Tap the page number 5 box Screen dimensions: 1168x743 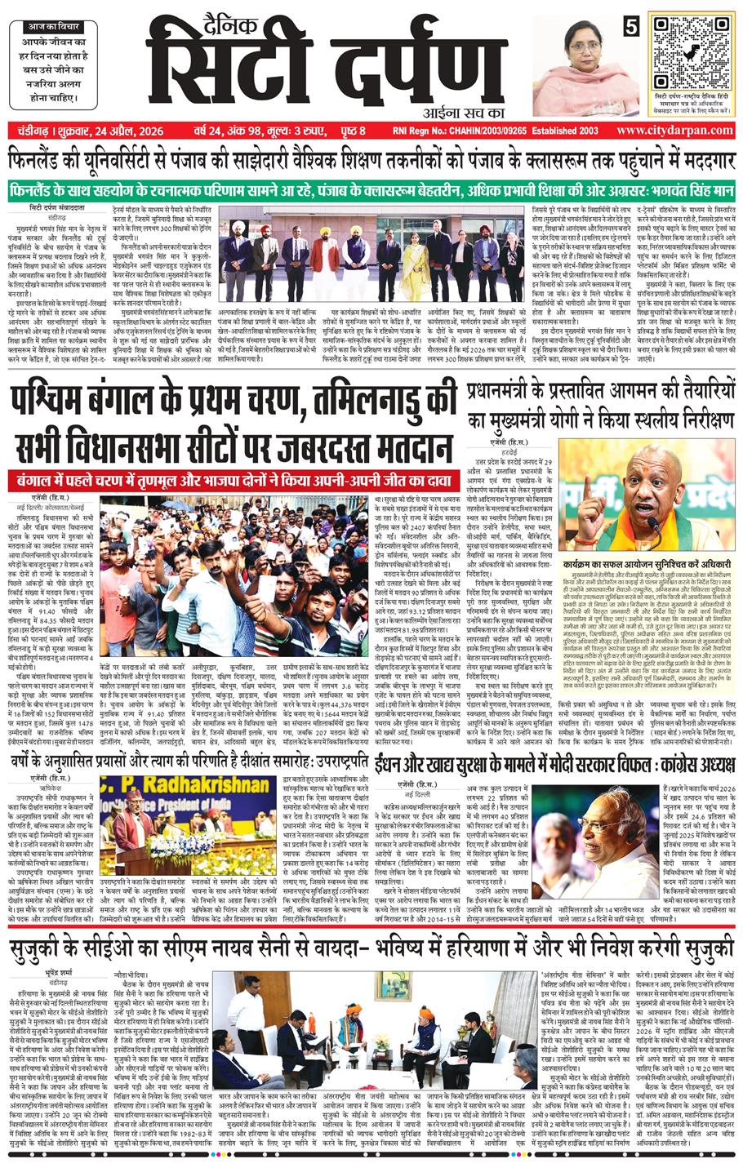630,25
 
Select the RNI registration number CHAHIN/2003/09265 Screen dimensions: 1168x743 468,131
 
